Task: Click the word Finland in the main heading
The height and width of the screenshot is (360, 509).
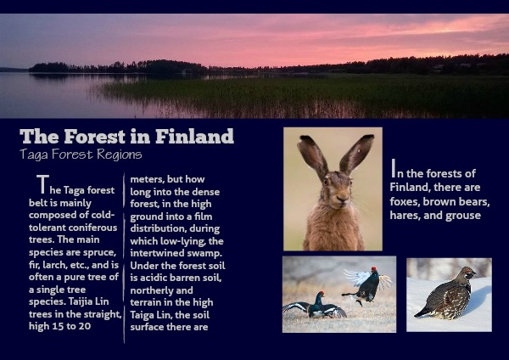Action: click(194, 136)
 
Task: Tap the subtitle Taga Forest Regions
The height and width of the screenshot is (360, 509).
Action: click(81, 155)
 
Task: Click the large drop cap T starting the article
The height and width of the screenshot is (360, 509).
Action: click(43, 184)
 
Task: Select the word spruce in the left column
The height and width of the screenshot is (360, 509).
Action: click(99, 252)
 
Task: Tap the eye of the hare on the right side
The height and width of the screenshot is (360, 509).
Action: click(350, 181)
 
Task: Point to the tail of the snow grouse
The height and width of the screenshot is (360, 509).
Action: click(422, 312)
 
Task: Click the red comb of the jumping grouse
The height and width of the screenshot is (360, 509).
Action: click(373, 268)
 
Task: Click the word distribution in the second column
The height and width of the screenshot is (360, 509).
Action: click(158, 228)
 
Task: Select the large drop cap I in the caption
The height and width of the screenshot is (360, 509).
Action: click(394, 168)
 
